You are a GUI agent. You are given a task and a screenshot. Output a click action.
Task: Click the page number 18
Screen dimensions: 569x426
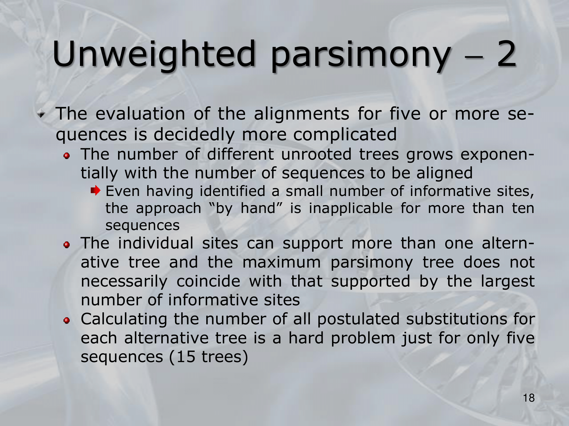click(x=529, y=398)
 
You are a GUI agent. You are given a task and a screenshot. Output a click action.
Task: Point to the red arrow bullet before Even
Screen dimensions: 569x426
click(x=96, y=190)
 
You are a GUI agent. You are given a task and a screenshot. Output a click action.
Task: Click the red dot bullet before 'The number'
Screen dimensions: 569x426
click(x=67, y=156)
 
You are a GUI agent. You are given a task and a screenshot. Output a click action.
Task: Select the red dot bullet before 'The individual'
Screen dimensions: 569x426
click(x=67, y=245)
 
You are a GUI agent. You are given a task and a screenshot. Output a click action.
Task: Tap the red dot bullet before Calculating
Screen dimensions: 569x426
click(x=67, y=321)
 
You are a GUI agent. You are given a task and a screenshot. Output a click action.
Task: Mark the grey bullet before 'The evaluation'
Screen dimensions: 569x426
click(x=42, y=114)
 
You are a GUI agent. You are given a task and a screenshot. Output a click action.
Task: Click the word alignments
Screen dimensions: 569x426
click(x=301, y=114)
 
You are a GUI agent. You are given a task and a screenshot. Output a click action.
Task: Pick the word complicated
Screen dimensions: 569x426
click(x=345, y=135)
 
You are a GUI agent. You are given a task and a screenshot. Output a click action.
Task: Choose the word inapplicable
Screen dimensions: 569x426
click(x=351, y=209)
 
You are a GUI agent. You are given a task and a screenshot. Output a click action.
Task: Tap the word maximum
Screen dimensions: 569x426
click(x=282, y=262)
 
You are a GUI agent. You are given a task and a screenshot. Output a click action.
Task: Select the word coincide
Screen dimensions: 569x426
click(x=208, y=281)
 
